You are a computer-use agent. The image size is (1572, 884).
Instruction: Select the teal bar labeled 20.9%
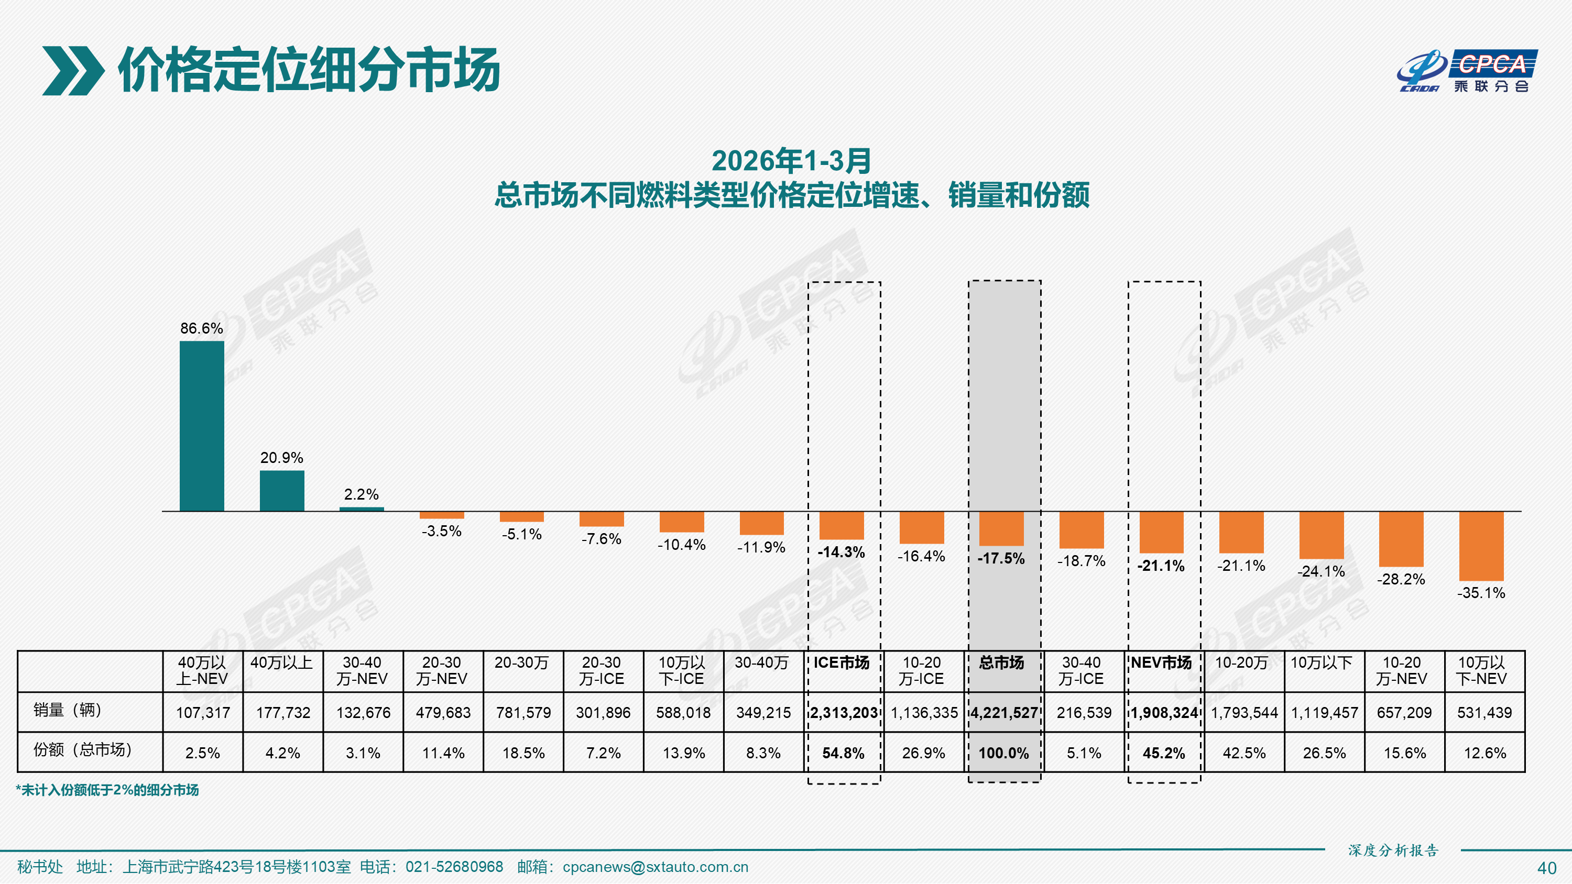pos(282,491)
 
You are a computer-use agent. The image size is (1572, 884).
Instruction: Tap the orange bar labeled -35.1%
pos(1481,546)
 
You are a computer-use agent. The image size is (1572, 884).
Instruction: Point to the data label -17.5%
pos(1001,558)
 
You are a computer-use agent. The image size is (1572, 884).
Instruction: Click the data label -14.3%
pos(841,552)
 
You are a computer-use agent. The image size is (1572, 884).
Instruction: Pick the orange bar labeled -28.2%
pos(1401,539)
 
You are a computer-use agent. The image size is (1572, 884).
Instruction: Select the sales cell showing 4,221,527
pos(1004,713)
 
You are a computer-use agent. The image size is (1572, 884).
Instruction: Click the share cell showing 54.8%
pos(843,753)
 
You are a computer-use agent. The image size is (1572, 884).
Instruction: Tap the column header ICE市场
pos(841,663)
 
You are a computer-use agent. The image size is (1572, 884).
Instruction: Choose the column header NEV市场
pos(1161,663)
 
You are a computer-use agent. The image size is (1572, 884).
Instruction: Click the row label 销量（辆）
pos(67,710)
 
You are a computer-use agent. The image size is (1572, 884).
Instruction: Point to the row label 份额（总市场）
pos(82,750)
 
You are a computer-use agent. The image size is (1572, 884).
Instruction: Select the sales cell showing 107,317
pos(203,713)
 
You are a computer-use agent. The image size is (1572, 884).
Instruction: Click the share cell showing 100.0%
pos(1003,753)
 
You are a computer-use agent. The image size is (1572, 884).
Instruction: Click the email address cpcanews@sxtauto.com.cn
pos(655,867)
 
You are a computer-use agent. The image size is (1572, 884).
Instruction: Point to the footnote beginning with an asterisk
pos(107,790)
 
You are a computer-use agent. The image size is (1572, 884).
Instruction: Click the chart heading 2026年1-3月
pos(791,161)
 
